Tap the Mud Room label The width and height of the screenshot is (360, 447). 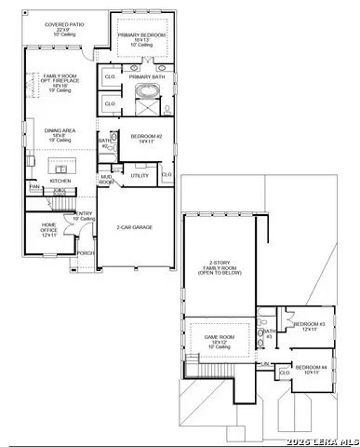[x=107, y=180]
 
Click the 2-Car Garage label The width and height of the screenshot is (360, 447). [x=135, y=226]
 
